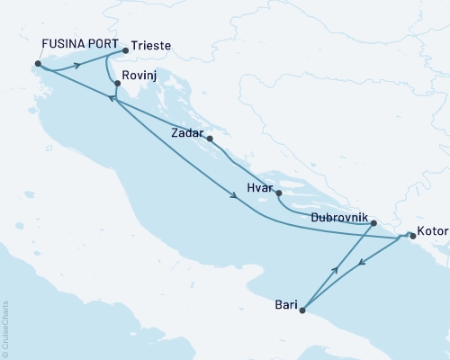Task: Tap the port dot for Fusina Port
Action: (x=37, y=64)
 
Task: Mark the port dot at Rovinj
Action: (x=118, y=85)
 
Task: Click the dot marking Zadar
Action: (x=210, y=139)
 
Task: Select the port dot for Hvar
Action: (x=279, y=193)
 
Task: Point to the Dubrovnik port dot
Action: (x=373, y=225)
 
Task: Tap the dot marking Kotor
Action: (x=411, y=236)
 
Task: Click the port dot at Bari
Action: (x=302, y=311)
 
